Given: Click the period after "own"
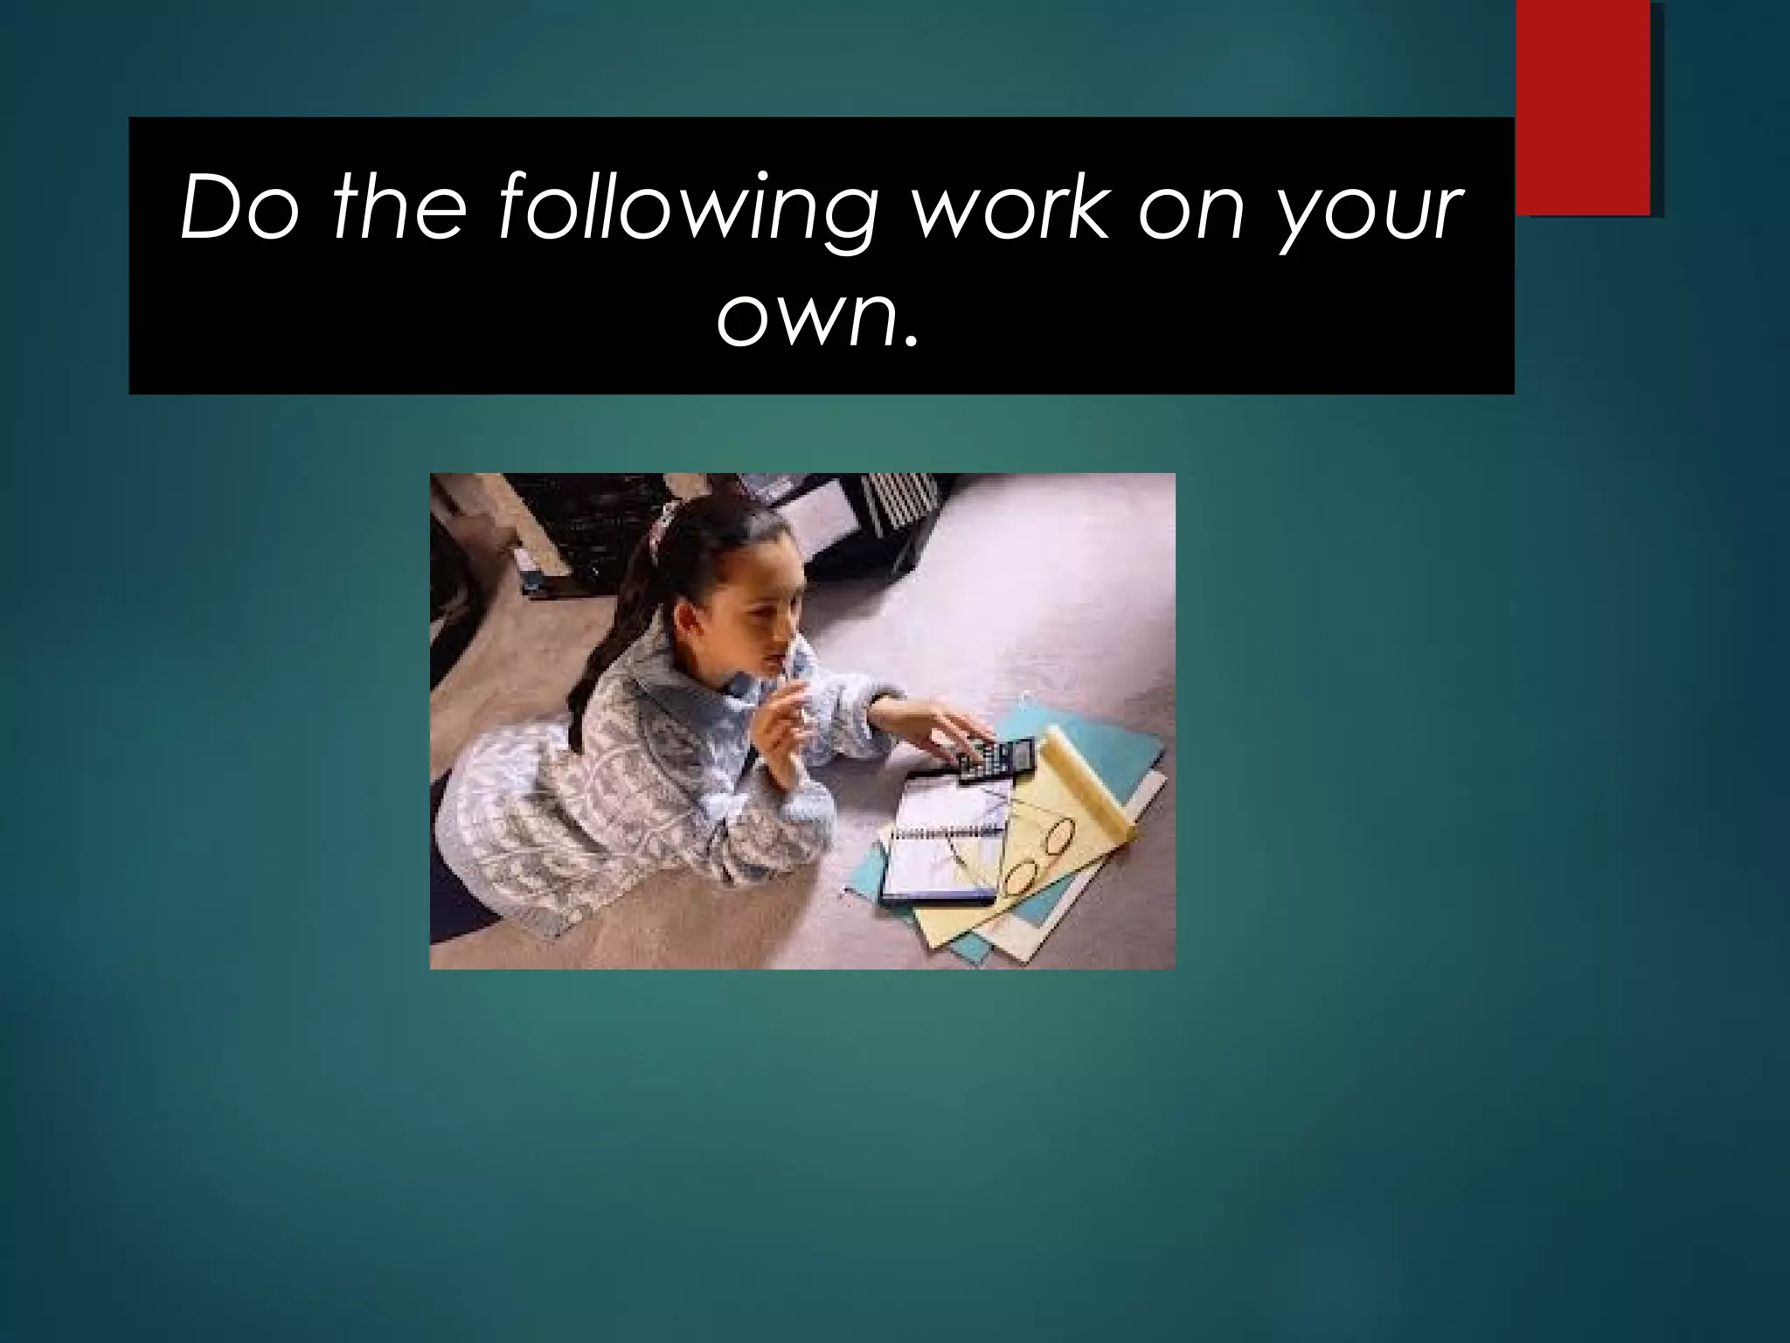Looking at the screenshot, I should (x=912, y=336).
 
